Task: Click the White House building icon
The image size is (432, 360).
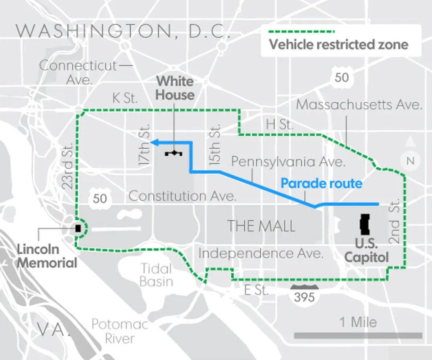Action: tap(173, 153)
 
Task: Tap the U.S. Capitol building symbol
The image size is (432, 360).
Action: tap(365, 224)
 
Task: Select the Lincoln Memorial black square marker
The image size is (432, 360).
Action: tap(78, 228)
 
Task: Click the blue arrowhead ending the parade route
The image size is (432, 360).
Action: tap(153, 141)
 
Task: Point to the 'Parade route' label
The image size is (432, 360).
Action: tap(321, 184)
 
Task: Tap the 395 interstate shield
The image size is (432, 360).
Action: tap(304, 296)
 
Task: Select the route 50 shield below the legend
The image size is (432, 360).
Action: tap(342, 78)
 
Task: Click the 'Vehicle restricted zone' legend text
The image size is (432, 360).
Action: tap(338, 44)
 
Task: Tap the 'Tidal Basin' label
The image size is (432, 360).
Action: tap(156, 275)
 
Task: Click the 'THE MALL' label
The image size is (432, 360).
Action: tap(261, 226)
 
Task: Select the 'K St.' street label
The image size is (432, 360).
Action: tap(125, 98)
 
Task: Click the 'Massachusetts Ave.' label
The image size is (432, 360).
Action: tap(359, 105)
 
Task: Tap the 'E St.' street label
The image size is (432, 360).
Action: tap(257, 290)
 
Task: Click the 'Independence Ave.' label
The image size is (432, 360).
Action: tap(261, 254)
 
